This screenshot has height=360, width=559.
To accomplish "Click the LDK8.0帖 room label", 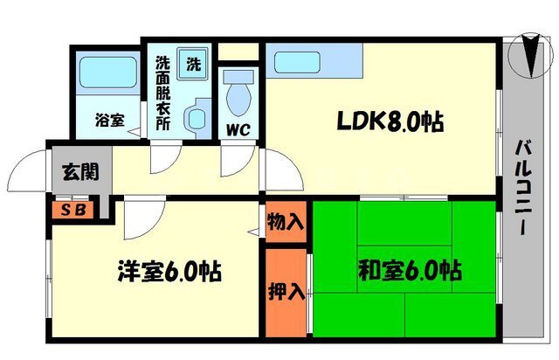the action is [x=390, y=122].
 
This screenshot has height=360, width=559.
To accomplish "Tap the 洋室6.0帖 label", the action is [x=169, y=272].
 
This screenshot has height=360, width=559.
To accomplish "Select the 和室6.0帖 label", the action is [x=410, y=270].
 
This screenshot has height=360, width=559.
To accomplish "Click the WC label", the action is [x=238, y=130].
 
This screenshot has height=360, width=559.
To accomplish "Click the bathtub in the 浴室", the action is [x=108, y=73].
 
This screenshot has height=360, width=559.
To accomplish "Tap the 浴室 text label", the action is [x=110, y=121].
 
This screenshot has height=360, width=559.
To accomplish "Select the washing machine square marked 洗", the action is [x=193, y=64].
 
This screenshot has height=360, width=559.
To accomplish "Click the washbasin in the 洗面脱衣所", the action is [x=197, y=119].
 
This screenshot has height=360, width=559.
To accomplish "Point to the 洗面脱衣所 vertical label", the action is [x=163, y=93].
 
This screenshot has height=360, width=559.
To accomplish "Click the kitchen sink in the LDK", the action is [x=297, y=62].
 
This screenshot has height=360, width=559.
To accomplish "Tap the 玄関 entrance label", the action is [x=80, y=172].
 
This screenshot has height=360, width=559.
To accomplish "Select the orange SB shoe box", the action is [x=73, y=210].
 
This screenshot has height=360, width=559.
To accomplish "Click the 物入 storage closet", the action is [x=286, y=222].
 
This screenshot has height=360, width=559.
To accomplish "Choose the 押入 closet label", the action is [x=286, y=292].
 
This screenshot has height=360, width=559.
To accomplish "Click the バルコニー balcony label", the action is [x=524, y=188].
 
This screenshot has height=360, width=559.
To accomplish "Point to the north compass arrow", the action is [x=531, y=55].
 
